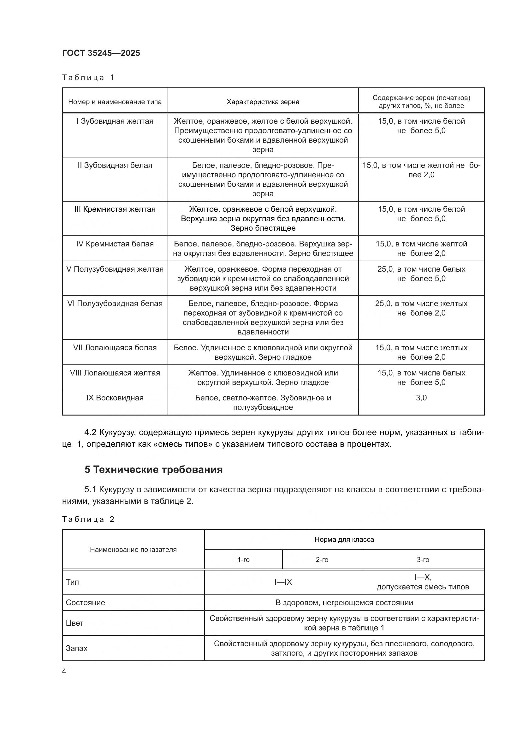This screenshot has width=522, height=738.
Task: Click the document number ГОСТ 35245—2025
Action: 101,53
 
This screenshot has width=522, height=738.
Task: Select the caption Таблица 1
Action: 88,78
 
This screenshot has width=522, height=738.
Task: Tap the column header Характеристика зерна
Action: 263,102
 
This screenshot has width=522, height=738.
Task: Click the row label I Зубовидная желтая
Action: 115,121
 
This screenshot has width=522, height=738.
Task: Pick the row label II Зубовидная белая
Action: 115,165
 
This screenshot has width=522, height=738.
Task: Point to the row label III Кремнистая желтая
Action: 115,209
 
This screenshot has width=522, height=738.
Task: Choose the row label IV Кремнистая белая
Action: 115,244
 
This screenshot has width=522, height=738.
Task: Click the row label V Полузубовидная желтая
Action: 115,269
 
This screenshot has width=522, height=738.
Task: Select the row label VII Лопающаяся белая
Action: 115,348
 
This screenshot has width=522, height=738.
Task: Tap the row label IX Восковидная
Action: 115,398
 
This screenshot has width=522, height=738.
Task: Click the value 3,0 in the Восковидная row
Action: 421,398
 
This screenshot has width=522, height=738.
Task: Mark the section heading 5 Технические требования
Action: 153,469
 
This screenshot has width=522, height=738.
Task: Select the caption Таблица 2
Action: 88,519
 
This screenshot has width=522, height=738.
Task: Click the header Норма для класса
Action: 344,539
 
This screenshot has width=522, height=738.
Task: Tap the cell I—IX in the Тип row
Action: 283,582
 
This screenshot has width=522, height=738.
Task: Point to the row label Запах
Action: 76,648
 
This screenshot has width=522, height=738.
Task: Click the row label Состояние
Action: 85,602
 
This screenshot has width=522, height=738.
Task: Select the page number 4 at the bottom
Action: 64,671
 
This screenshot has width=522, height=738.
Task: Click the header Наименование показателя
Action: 133,550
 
